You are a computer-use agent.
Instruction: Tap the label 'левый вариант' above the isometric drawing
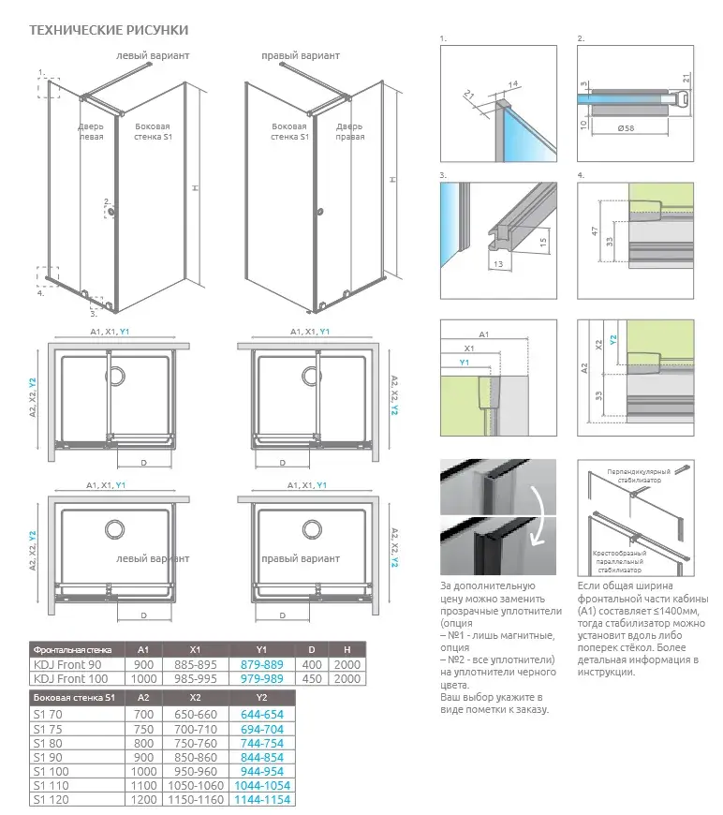tap(152, 56)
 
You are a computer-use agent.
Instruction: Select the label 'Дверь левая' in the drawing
tap(91, 131)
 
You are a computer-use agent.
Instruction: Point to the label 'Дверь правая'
tap(350, 131)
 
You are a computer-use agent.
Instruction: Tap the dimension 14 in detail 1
tap(513, 84)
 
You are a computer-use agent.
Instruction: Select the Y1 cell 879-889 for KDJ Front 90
tap(262, 663)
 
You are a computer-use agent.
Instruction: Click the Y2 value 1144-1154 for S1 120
tap(262, 799)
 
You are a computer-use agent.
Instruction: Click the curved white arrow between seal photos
tap(539, 517)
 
